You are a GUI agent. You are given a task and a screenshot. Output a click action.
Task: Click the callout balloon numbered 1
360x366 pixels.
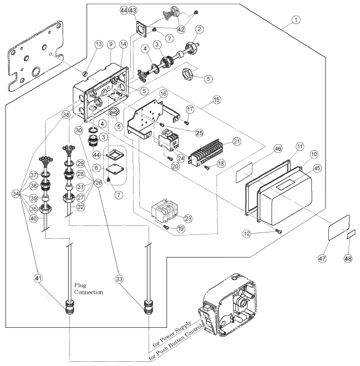click(295, 20)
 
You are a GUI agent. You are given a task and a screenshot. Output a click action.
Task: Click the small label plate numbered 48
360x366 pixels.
click(351, 234)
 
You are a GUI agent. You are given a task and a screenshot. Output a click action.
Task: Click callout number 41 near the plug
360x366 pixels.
click(38, 278)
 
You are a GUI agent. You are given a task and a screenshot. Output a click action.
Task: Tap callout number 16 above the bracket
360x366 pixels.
click(163, 94)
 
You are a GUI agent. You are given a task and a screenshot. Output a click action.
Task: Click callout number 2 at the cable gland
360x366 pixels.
click(199, 29)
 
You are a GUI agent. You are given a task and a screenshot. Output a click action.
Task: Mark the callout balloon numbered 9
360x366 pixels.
click(111, 44)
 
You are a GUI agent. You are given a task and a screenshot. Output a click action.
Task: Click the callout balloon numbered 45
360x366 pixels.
click(317, 167)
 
